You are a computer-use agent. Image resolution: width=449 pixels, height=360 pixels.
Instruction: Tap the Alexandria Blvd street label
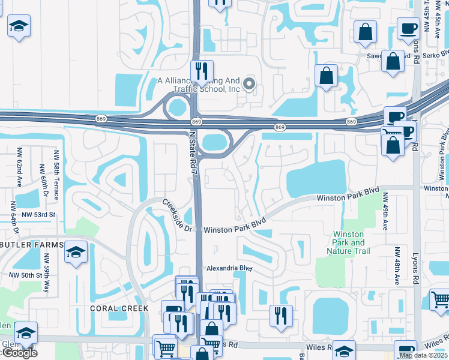point(229,269)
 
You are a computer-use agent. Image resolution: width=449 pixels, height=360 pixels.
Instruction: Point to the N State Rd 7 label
point(194,153)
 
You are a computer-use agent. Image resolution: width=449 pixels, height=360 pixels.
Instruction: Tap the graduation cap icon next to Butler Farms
point(76,252)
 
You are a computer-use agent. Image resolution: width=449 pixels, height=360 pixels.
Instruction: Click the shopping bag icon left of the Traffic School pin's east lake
point(327,76)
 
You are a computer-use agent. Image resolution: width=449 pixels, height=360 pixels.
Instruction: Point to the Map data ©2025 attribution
point(423,355)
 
